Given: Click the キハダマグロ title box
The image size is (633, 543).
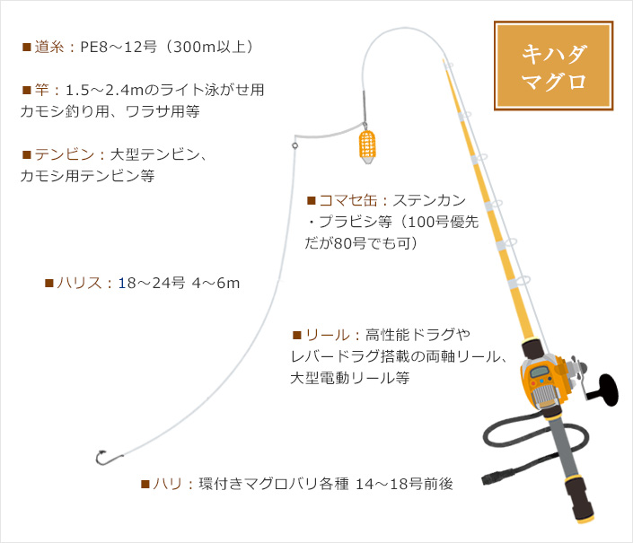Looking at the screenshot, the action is pyautogui.click(x=553, y=66).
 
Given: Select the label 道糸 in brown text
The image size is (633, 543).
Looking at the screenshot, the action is pyautogui.click(x=48, y=47).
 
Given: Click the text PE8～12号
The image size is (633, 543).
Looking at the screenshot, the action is pyautogui.click(x=119, y=47).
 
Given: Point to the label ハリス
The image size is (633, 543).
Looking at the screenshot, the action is pyautogui.click(x=79, y=283).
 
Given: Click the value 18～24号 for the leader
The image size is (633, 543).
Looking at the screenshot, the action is pyautogui.click(x=152, y=283).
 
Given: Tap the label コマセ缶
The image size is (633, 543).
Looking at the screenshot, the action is pyautogui.click(x=348, y=200).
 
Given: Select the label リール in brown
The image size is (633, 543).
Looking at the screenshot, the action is pyautogui.click(x=328, y=335).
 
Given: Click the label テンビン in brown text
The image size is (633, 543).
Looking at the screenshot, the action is pyautogui.click(x=64, y=154).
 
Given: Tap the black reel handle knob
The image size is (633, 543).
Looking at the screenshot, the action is pyautogui.click(x=608, y=390).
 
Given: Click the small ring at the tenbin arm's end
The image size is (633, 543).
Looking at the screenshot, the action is pyautogui.click(x=295, y=145).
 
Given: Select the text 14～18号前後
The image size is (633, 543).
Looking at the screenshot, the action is pyautogui.click(x=404, y=483).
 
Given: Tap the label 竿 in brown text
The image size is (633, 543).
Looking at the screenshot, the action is pyautogui.click(x=41, y=90).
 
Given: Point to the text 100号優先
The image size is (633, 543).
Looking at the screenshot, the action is pyautogui.click(x=443, y=222).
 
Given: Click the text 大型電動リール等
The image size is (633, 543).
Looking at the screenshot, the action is pyautogui.click(x=350, y=378).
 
